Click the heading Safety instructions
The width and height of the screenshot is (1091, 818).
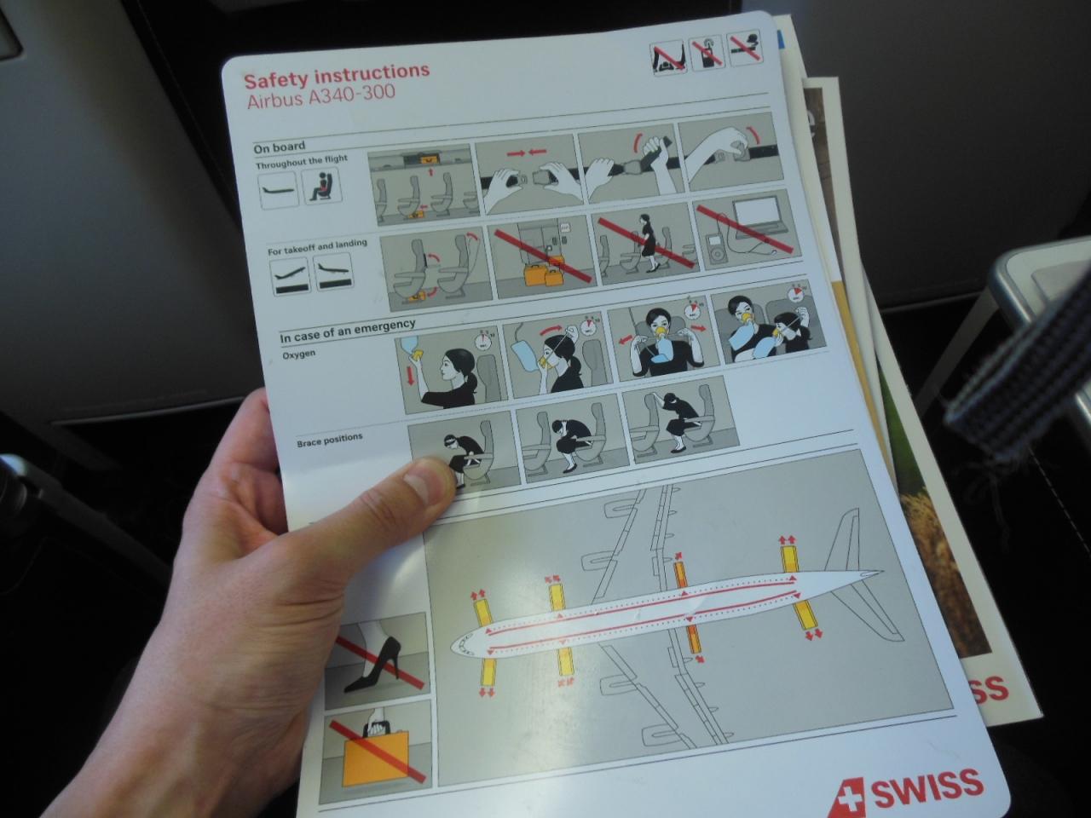[337, 76]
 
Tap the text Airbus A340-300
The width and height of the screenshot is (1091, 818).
[321, 95]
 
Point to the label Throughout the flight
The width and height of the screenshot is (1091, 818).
[302, 162]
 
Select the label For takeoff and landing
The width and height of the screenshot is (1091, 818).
[317, 247]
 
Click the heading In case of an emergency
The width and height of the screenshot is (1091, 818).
[348, 331]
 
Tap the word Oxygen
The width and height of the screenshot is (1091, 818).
[298, 354]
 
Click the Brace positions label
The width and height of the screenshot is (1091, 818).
[330, 440]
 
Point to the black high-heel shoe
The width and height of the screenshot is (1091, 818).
[373, 665]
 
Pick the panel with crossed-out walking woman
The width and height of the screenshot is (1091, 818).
[646, 245]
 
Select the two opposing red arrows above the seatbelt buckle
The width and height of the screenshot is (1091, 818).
[527, 153]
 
